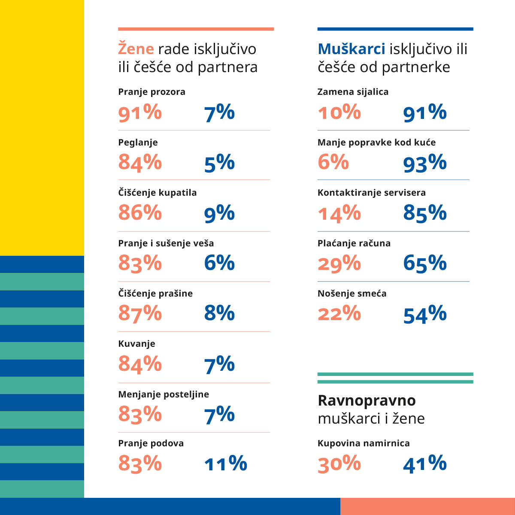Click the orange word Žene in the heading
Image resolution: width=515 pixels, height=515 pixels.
point(136,48)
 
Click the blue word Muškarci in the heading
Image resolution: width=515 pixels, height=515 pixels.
point(351,49)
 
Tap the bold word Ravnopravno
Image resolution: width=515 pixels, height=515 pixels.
point(367,400)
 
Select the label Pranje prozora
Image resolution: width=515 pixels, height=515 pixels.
point(151,92)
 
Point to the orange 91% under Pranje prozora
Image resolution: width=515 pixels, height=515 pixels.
point(140,113)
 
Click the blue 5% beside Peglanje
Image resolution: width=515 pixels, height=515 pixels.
point(219,163)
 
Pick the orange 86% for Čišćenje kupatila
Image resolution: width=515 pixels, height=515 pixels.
point(140,213)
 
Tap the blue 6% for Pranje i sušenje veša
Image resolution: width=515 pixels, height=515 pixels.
point(219,263)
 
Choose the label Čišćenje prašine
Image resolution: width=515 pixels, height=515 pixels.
point(155,294)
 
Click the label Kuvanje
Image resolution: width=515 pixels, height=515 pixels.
point(136,344)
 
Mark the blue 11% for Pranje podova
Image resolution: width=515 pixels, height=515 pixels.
point(226,464)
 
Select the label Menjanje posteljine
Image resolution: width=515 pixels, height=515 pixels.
point(164,394)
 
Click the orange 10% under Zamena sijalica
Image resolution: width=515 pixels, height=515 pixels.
point(339,113)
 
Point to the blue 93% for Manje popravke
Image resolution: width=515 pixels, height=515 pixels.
point(425,163)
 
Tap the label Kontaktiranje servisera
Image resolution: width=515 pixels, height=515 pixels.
point(371,193)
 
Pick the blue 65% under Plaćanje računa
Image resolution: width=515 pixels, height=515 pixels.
point(425,263)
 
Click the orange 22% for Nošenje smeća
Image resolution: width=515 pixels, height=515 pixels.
point(339,314)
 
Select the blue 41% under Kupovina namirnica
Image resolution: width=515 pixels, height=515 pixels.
point(425,464)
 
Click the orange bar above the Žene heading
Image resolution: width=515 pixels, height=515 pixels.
point(196,29)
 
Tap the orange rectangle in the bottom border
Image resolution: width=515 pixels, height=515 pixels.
point(427,506)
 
